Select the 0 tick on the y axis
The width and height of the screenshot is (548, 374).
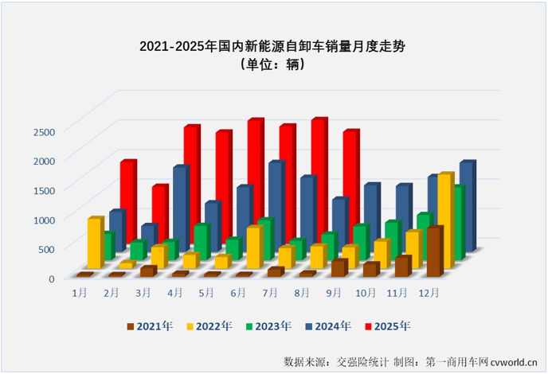[x=50, y=279]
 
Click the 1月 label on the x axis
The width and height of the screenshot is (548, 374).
[x=80, y=293]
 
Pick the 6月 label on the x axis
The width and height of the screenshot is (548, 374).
[x=238, y=293]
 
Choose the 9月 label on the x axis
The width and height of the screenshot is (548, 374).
[x=334, y=293]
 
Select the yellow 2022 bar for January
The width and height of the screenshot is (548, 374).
[x=95, y=243]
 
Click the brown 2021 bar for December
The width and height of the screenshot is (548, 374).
[x=434, y=252]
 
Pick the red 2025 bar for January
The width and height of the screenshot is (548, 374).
[x=128, y=199]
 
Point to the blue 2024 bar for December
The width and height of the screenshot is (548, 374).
[x=467, y=205]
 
